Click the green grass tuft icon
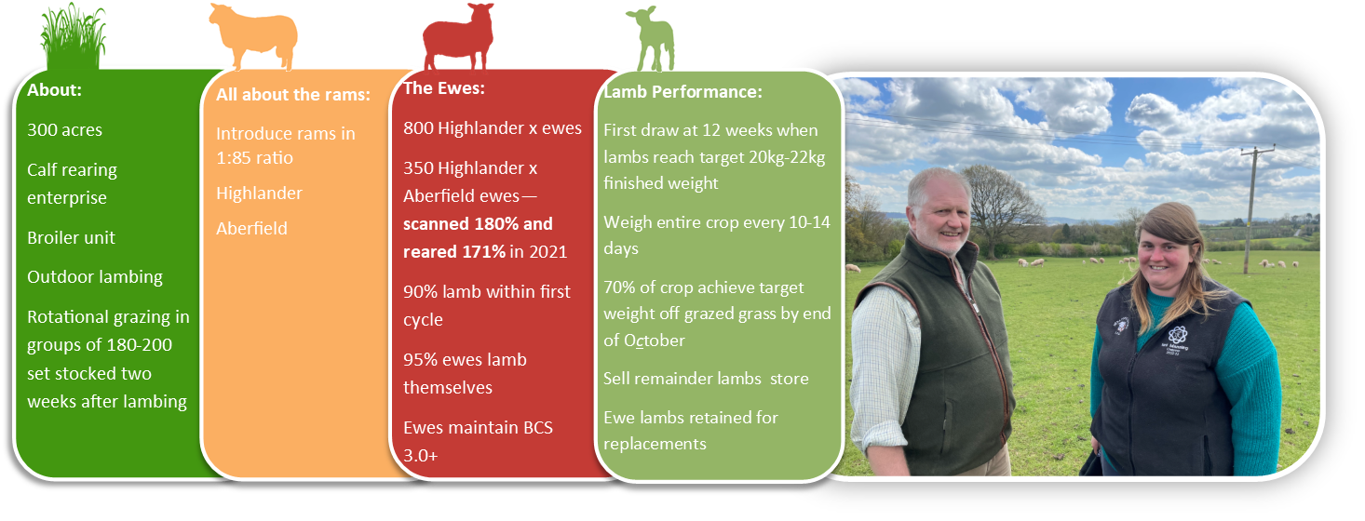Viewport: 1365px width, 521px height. coord(74,36)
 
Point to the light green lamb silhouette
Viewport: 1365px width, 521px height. coord(651,39)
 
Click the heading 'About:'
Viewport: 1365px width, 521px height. coord(54,90)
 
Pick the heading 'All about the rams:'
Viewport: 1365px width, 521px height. coord(293,95)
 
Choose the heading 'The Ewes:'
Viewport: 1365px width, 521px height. coord(444,88)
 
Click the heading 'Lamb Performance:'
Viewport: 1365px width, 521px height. coord(683,92)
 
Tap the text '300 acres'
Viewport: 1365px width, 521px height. coord(64,129)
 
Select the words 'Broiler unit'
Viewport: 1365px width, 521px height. coord(71,237)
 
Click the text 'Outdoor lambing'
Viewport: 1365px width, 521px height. coord(94,277)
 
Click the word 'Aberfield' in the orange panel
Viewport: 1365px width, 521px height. coord(251,228)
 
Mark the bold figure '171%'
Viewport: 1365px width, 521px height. coord(484,252)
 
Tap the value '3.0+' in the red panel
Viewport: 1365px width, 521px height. coord(421,455)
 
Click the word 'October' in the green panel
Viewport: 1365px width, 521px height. coord(654,341)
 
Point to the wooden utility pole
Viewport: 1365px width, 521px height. coord(1251,209)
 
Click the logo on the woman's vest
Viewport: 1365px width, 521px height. coord(1177,336)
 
